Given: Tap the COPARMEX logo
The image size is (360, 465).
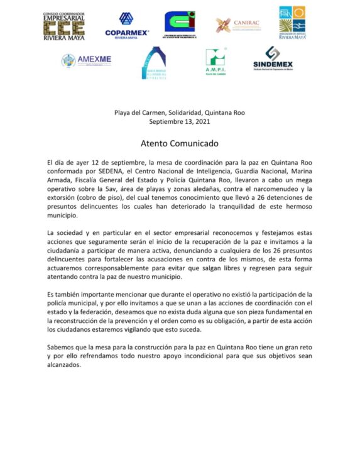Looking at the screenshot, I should [126, 26].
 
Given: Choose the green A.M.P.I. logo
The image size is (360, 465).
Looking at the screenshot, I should [215, 61].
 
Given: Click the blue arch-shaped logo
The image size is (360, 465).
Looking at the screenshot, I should [153, 63].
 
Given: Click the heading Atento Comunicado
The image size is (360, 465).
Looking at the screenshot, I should [179, 143].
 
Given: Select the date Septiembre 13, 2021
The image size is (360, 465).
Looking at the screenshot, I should [180, 121].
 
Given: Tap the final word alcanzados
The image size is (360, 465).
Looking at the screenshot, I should [64, 364].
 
